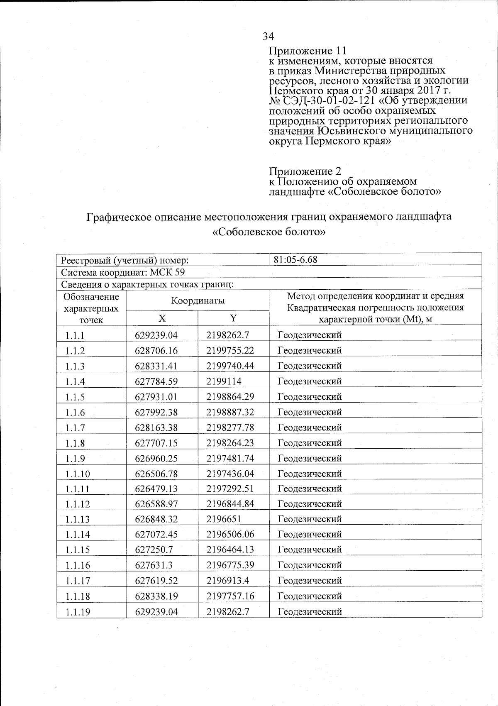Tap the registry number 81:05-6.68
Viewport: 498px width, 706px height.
295,260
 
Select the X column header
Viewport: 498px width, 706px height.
161,318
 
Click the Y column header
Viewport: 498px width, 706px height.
233,318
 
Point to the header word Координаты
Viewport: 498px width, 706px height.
198,300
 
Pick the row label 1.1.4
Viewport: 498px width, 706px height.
75,381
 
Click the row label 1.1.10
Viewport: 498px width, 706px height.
77,474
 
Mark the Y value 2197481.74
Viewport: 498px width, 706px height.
230,458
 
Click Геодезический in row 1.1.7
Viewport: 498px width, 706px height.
310,428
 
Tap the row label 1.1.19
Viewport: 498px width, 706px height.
77,612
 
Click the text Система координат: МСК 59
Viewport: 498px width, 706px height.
123,272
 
